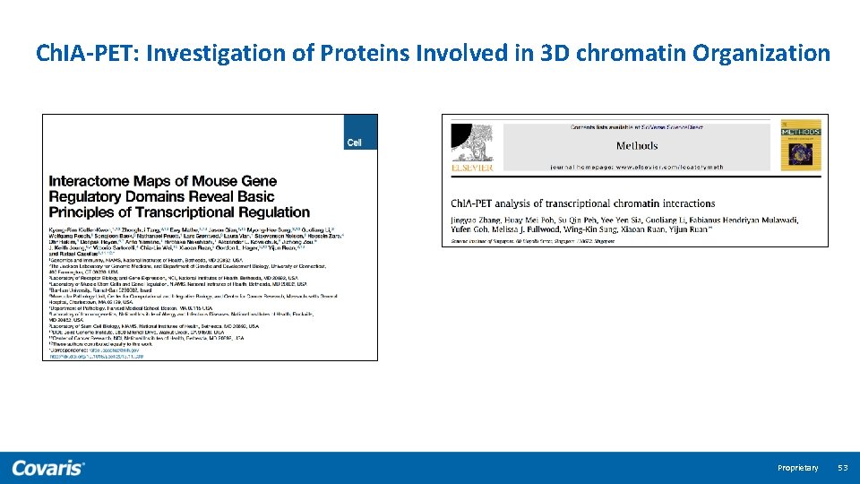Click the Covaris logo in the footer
tap(48, 468)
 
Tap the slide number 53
tap(842, 468)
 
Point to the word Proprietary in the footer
tap(797, 468)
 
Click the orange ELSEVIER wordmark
tap(471, 168)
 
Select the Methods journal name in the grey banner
tap(637, 145)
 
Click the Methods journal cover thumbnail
tap(800, 145)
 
